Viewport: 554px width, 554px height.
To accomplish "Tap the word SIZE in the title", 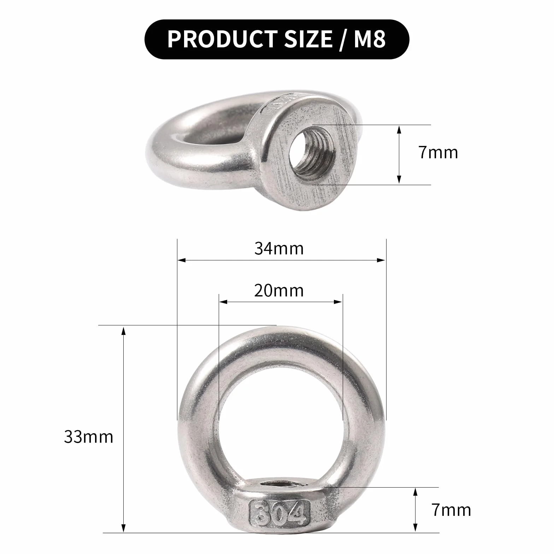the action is pyautogui.click(x=308, y=39).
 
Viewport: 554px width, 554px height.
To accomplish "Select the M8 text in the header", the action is pyautogui.click(x=370, y=39).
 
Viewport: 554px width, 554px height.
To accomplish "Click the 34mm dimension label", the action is pyautogui.click(x=279, y=248).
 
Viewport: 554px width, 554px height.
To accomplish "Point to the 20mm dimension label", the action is pyautogui.click(x=279, y=290).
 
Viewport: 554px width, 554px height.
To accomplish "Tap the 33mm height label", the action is pyautogui.click(x=89, y=437).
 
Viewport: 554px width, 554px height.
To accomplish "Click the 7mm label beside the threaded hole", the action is pyautogui.click(x=438, y=152).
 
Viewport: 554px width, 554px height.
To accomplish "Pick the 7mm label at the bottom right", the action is pyautogui.click(x=451, y=510).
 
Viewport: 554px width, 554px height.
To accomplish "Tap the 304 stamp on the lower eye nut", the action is pyautogui.click(x=279, y=511).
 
